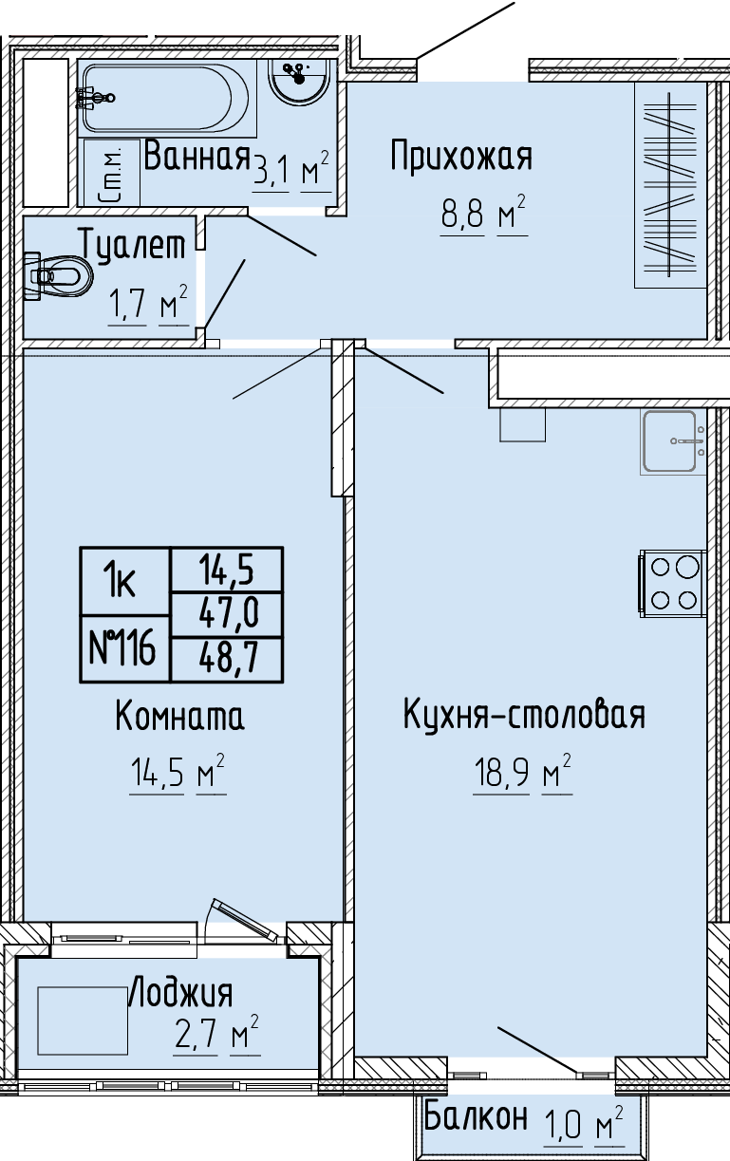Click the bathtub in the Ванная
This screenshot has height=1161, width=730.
[x=167, y=99]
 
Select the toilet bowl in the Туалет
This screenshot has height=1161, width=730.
[x=58, y=275]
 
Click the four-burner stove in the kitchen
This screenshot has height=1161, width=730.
[x=673, y=584]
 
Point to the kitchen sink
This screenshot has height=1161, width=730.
[x=673, y=441]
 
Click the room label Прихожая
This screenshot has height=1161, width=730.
[x=461, y=156]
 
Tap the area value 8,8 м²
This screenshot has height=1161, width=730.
[x=484, y=214]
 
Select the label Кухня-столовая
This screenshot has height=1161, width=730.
[x=524, y=715]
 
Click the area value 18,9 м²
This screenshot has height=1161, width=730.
[x=521, y=773]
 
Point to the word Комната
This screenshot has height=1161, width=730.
[x=179, y=715]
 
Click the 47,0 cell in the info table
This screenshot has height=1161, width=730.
[x=227, y=615]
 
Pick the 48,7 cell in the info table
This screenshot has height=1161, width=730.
[x=227, y=659]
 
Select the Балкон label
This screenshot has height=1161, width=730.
[x=476, y=1116]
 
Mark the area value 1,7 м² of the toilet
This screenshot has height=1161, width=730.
[x=148, y=304]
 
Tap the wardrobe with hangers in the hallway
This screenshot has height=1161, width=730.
[x=671, y=185]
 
